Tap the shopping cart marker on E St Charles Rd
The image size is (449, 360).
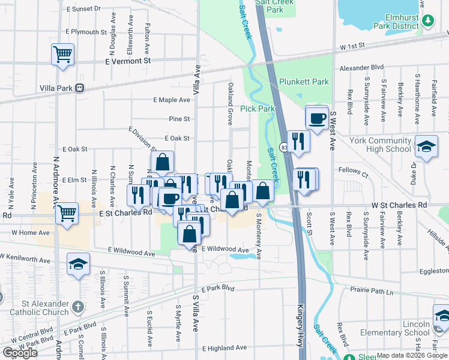click(x=67, y=212)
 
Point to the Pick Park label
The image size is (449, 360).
click(x=257, y=109)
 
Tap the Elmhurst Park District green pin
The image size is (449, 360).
click(x=428, y=22)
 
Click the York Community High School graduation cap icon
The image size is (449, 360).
click(x=426, y=147)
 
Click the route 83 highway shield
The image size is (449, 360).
click(x=283, y=146)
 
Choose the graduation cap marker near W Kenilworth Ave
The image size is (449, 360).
click(x=78, y=264)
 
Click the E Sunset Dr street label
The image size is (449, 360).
click(x=84, y=9)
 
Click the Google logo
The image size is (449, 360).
click(x=20, y=352)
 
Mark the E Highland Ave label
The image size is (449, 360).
click(x=225, y=348)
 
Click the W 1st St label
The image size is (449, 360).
click(x=352, y=46)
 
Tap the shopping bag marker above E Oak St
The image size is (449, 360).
click(x=162, y=161)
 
